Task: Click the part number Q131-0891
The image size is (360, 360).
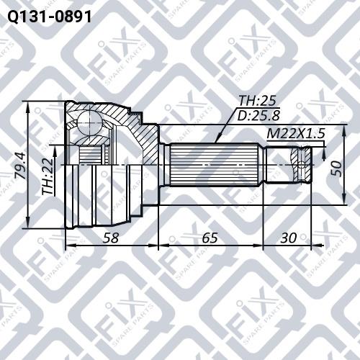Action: tap(50, 17)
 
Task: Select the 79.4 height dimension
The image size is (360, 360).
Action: tap(20, 166)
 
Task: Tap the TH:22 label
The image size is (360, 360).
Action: tap(48, 176)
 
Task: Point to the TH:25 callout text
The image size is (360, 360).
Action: tap(257, 101)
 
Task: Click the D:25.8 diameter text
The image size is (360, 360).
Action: tap(258, 115)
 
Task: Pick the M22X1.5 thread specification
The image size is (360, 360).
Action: tap(296, 134)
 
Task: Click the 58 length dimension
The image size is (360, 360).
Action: tap(111, 238)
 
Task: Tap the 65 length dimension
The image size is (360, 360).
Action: tap(210, 238)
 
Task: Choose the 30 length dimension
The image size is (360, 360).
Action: tap(289, 238)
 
